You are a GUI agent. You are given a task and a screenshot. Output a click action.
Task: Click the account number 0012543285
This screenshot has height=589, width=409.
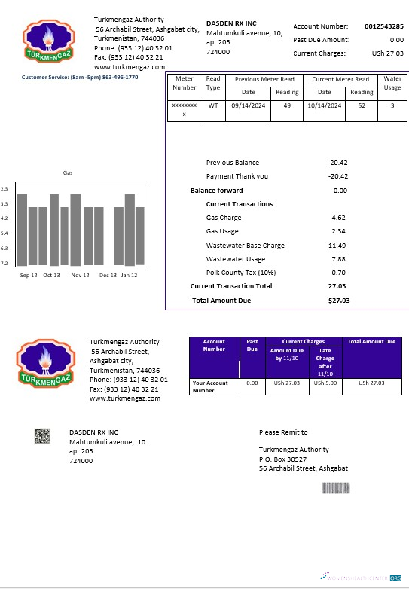[383, 26]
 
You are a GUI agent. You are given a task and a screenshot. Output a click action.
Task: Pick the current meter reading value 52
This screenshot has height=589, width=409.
[362, 105]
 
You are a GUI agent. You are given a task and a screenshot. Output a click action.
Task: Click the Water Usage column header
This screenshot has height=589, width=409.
[392, 83]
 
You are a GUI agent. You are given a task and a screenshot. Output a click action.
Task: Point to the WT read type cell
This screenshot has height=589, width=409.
[213, 105]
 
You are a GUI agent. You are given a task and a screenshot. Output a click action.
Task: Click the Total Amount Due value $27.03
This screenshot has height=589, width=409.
[338, 301]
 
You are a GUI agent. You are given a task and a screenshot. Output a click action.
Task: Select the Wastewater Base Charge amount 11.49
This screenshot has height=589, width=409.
[337, 246]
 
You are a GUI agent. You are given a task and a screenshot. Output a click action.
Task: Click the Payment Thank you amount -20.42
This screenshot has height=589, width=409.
[337, 176]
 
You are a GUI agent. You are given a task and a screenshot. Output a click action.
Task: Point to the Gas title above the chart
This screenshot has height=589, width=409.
[68, 173]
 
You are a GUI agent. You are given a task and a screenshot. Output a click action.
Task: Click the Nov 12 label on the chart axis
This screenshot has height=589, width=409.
[80, 276]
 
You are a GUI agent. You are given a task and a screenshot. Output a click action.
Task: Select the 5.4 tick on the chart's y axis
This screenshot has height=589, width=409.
[5, 233]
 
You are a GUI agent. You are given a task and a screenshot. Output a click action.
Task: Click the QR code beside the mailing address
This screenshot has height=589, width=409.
[42, 435]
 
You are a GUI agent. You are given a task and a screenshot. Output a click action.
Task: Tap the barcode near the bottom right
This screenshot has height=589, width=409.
[337, 487]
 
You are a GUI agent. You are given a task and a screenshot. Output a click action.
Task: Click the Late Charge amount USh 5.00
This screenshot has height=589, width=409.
[325, 383]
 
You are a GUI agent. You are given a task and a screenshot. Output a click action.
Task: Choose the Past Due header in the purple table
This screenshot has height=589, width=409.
[252, 345]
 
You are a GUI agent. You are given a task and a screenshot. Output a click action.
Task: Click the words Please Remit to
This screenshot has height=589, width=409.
[283, 432]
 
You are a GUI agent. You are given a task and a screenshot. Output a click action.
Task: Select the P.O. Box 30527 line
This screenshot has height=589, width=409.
[282, 459]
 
